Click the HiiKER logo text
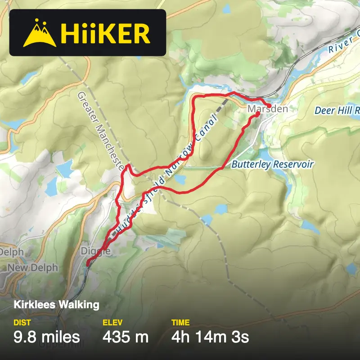105,33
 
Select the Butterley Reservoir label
272,165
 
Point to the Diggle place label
95,251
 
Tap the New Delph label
32,268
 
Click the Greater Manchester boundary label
101,131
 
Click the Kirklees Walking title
56,305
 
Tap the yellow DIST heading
22,323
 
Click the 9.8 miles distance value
47,337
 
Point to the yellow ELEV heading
112,323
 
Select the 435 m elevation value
126,337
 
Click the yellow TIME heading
180,323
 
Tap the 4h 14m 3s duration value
210,337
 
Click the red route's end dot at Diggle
88,264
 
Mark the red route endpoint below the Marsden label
257,114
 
